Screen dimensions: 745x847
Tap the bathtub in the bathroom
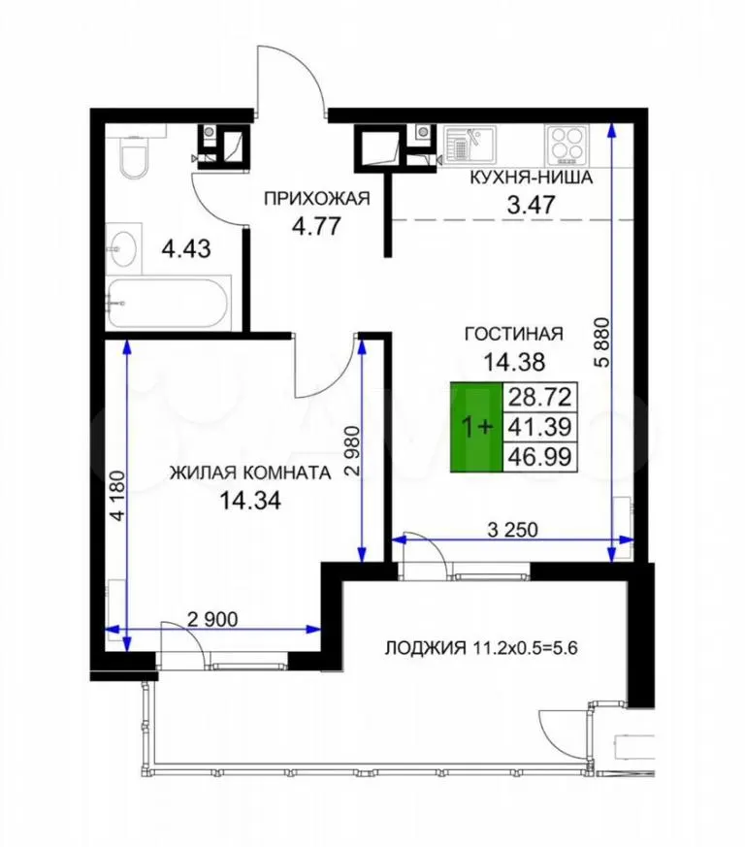click(169, 303)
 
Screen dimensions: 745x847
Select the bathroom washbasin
click(124, 249)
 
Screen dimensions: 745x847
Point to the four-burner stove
click(566, 145)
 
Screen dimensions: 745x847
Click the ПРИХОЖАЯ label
click(316, 199)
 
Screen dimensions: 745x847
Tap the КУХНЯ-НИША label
click(531, 178)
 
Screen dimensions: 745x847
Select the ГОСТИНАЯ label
click(514, 334)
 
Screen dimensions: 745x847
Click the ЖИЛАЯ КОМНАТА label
click(250, 473)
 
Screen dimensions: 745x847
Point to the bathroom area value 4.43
click(186, 249)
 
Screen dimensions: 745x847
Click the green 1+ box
click(477, 427)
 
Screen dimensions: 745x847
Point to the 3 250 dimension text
click(513, 530)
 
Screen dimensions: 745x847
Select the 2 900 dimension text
click(212, 619)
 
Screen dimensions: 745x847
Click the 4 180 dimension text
click(117, 497)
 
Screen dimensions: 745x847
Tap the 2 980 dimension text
click(352, 451)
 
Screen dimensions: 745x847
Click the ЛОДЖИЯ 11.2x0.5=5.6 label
click(481, 647)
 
